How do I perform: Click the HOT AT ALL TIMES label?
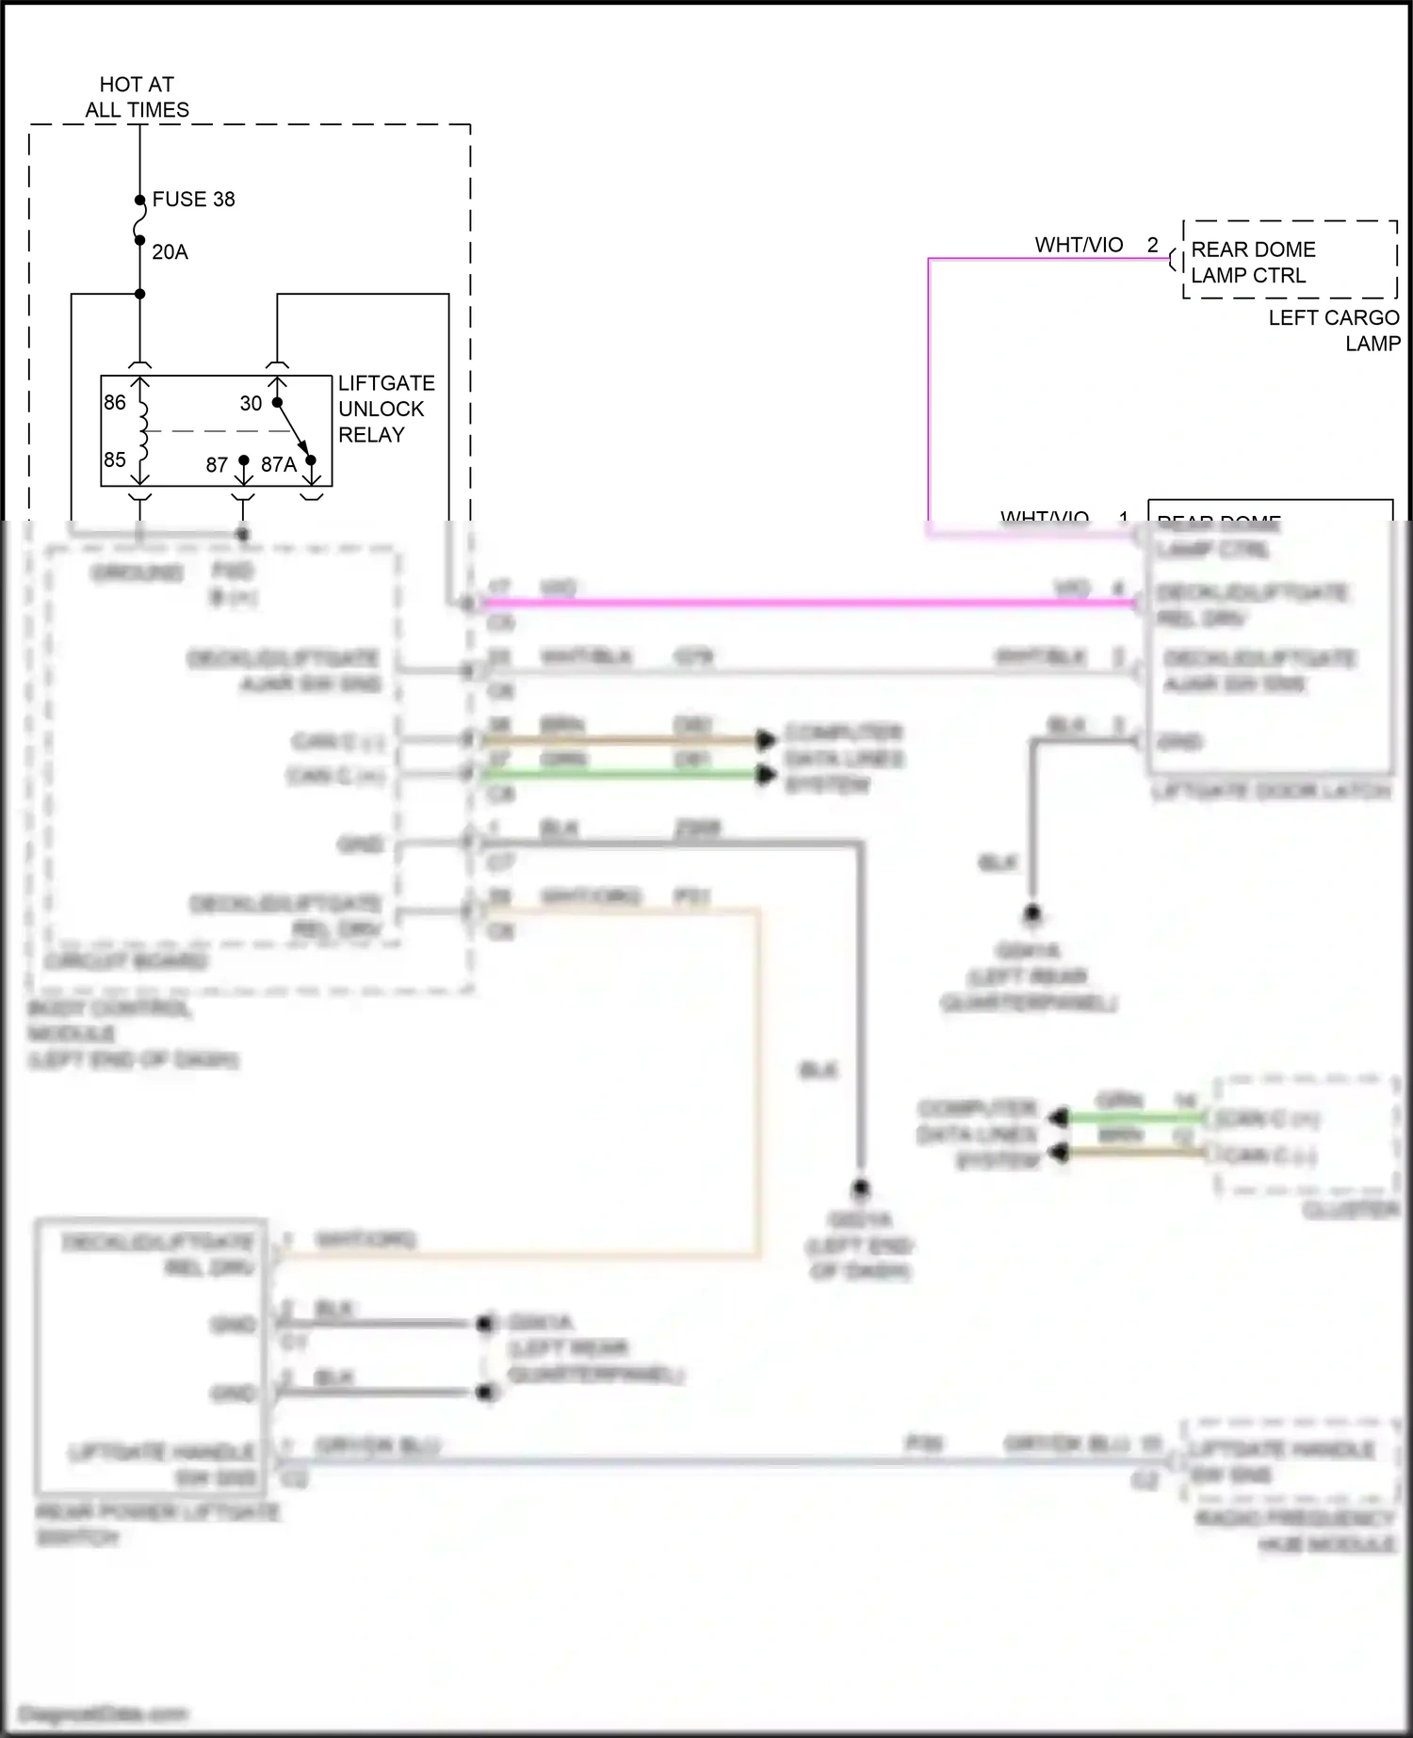pyautogui.click(x=137, y=97)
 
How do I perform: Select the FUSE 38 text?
pyautogui.click(x=193, y=200)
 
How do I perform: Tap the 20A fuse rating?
pyautogui.click(x=170, y=252)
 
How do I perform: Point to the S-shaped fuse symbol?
pyautogui.click(x=140, y=226)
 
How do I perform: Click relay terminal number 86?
pyautogui.click(x=115, y=403)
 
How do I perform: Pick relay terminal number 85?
pyautogui.click(x=115, y=459)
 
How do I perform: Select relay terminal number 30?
pyautogui.click(x=251, y=404)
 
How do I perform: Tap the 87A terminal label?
pyautogui.click(x=278, y=465)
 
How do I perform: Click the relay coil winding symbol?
pyautogui.click(x=143, y=430)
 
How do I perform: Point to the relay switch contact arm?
pyautogui.click(x=295, y=432)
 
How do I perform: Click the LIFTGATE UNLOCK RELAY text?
pyautogui.click(x=385, y=410)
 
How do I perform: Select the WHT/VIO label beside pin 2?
pyautogui.click(x=1079, y=245)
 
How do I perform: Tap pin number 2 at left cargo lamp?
pyautogui.click(x=1152, y=245)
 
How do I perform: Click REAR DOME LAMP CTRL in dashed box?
pyautogui.click(x=1252, y=263)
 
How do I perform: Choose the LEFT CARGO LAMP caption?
pyautogui.click(x=1334, y=330)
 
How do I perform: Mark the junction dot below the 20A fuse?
pyautogui.click(x=140, y=294)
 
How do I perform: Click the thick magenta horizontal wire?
pyautogui.click(x=810, y=603)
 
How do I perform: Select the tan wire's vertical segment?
pyautogui.click(x=757, y=1083)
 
